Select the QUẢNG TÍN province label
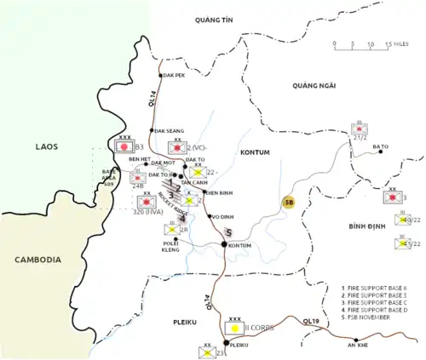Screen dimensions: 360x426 (x=214, y=19)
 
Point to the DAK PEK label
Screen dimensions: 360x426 (x=176, y=74)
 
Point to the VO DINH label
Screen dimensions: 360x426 (x=222, y=216)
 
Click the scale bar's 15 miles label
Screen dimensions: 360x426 (x=394, y=43)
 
